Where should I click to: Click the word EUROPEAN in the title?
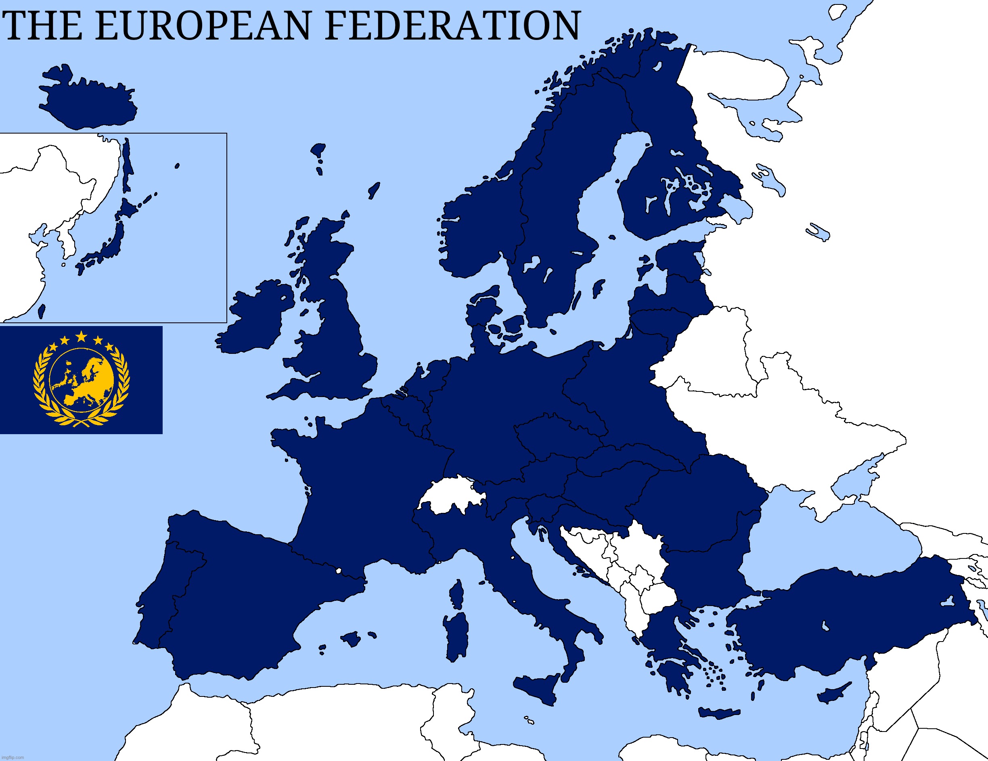pos(203,26)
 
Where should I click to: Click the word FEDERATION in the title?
pos(452,26)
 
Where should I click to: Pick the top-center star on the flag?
pos(81,336)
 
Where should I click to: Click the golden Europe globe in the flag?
pos(82,380)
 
